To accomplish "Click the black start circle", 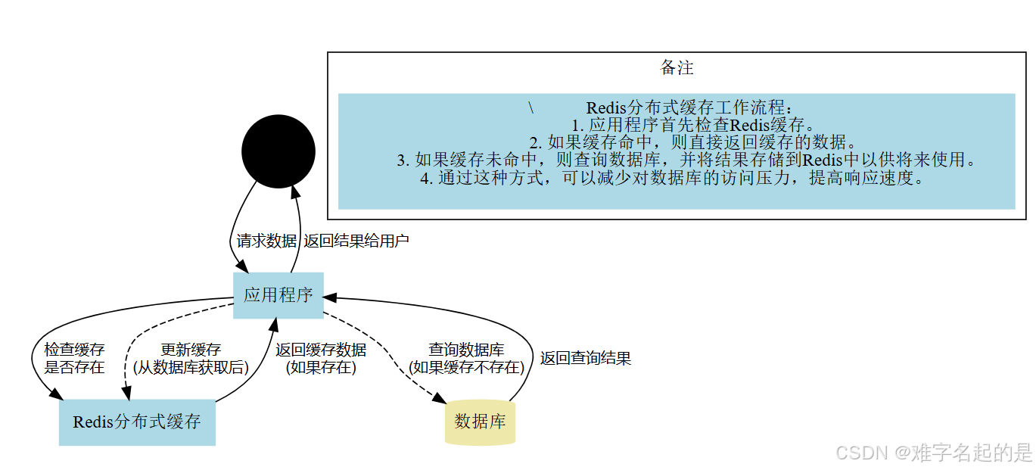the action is click(x=278, y=151).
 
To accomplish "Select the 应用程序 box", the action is click(x=278, y=295).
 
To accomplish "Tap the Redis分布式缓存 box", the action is click(x=137, y=422).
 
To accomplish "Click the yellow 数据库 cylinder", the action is click(x=481, y=422).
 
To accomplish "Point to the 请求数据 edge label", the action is click(x=266, y=241).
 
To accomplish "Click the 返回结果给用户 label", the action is click(x=356, y=241).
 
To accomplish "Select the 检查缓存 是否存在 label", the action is click(x=74, y=359).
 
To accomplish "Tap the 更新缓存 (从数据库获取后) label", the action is click(x=191, y=359).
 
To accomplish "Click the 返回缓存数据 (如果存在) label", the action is click(x=321, y=359).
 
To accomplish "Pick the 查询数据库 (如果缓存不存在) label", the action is click(x=466, y=359).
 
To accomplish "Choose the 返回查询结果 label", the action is click(x=586, y=359).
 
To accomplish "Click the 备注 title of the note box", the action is click(x=677, y=68).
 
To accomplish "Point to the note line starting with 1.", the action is click(x=692, y=125).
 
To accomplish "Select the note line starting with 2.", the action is click(x=692, y=142).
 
